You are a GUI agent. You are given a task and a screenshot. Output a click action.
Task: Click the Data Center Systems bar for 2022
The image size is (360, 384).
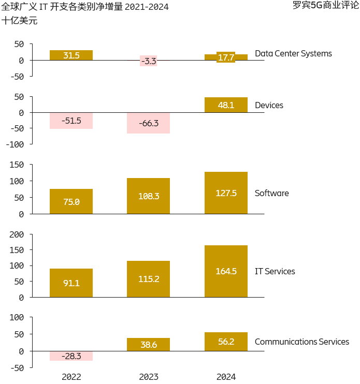pos(71,55)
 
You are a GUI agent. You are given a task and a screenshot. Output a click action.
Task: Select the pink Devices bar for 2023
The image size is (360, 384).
pos(148,123)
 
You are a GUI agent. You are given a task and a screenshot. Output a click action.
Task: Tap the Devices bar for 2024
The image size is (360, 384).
pos(226,105)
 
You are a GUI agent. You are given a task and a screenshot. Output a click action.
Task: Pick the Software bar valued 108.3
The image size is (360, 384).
pos(148,196)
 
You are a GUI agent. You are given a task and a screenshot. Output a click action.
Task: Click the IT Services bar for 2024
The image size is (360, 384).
pos(226,271)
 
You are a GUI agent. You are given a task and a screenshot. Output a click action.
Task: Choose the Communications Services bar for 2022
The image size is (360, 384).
pos(71,356)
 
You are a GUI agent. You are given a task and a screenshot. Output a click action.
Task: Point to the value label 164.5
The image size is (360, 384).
pos(226,271)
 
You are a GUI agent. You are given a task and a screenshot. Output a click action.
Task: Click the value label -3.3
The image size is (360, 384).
pos(148,61)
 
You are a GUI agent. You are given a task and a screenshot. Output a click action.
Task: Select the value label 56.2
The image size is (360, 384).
pos(226,342)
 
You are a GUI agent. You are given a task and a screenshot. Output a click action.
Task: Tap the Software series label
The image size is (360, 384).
pos(272,193)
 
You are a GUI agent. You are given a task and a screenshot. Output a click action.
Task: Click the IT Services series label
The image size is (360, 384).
pos(275,271)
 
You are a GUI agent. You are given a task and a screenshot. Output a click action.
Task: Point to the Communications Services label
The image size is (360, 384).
pos(302,342)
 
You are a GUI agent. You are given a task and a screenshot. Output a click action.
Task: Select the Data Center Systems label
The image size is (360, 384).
pos(293,53)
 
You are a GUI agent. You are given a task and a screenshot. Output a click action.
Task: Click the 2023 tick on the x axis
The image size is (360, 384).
pos(149,376)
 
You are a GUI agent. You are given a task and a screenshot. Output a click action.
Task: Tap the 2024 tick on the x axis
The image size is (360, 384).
pos(226,376)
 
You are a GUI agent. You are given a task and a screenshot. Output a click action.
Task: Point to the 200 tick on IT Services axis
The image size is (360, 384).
pos(17,234)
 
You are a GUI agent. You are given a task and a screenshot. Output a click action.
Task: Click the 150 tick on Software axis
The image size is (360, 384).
pos(17,165)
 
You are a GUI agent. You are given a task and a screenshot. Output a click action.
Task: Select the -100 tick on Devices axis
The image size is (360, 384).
pos(15,144)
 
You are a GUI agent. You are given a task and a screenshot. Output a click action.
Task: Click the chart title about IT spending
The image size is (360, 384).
pos(85,7)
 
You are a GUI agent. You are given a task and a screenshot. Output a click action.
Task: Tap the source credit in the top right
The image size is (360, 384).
pos(325,6)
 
